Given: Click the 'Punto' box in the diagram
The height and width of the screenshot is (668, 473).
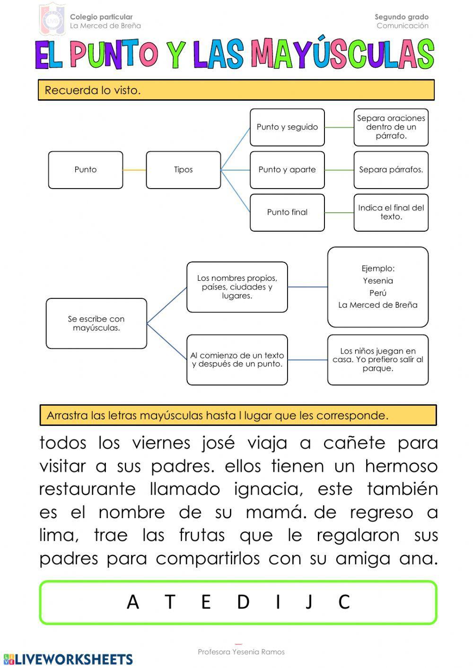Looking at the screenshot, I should tap(86, 170).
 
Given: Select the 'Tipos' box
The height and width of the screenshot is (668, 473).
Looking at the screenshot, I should tap(184, 170).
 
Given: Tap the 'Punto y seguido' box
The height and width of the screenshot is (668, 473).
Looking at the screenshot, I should tap(287, 127).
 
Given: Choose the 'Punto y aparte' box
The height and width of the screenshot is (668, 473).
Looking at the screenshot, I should tap(287, 170).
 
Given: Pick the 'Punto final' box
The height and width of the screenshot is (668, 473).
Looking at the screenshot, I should tap(287, 212).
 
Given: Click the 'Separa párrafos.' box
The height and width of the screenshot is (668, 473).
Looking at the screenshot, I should tap(391, 170).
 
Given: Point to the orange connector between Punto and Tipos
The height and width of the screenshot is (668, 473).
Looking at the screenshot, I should tap(134, 170).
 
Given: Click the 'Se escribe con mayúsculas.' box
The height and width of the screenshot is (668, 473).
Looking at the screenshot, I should tap(96, 323).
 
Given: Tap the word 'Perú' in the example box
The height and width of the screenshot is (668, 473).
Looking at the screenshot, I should tap(378, 293).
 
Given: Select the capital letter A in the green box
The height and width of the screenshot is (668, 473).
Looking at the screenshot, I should tap(133, 602).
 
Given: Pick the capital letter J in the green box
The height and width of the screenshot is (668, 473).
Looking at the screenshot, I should tap(309, 602).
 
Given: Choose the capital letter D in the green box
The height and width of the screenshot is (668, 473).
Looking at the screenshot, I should tap(243, 602).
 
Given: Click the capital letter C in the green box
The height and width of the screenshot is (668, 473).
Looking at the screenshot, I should tap(344, 602).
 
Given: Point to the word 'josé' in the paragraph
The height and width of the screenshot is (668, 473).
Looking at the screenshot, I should tap(218, 443).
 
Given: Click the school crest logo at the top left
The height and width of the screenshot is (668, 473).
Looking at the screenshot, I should tap(52, 19).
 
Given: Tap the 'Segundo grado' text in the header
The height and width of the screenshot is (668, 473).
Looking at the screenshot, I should tap(402, 17).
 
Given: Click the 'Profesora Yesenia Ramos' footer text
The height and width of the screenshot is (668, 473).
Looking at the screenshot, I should tap(241, 652).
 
